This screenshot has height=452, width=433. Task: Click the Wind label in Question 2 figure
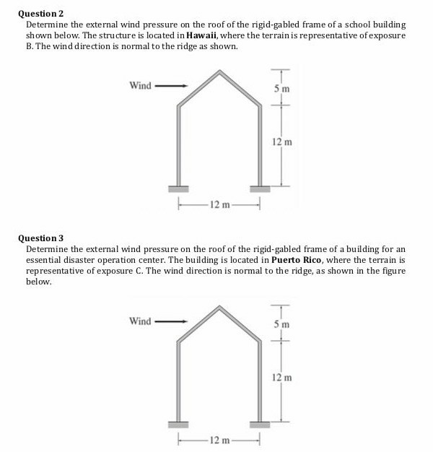click(140, 86)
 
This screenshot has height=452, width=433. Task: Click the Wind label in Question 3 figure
click(140, 321)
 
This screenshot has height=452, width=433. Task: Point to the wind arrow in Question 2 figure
click(172, 86)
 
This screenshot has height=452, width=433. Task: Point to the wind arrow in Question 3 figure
click(172, 321)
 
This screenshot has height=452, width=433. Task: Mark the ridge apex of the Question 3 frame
click(219, 307)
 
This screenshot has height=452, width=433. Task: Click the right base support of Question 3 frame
click(259, 423)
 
